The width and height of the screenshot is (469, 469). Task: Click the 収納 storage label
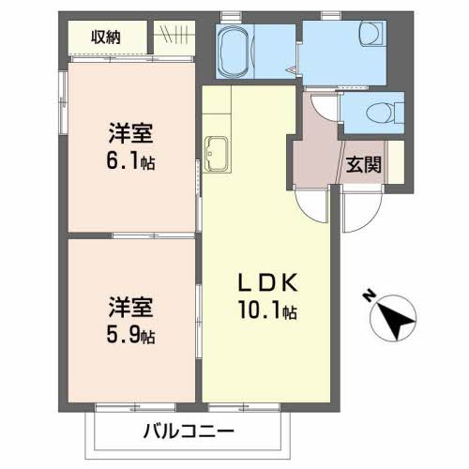(x=106, y=38)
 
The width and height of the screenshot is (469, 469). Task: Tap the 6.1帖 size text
(x=130, y=162)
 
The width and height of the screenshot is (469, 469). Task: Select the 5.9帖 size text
(x=130, y=336)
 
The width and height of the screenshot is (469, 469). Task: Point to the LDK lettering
(x=267, y=282)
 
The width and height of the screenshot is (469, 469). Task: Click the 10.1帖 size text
(x=267, y=310)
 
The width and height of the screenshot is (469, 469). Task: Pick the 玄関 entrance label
(x=363, y=164)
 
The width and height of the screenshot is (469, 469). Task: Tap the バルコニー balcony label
(x=189, y=431)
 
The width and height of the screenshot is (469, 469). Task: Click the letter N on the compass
(x=370, y=295)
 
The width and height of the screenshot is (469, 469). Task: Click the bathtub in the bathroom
(x=234, y=52)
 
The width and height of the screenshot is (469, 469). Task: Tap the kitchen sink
(x=217, y=154)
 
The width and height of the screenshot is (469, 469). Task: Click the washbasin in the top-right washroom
(x=371, y=34)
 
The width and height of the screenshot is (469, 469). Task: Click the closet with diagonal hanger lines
(x=174, y=38)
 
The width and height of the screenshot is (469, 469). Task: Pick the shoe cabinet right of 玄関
(x=397, y=162)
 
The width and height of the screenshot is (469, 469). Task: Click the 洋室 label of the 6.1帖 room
(x=130, y=134)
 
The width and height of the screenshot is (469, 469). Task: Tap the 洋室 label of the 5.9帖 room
(x=130, y=308)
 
